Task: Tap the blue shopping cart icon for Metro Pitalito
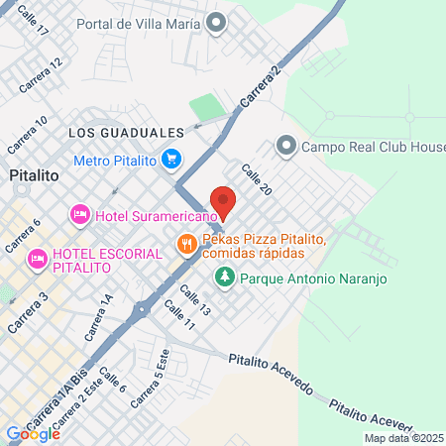(172, 158)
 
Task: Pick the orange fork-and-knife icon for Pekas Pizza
(185, 243)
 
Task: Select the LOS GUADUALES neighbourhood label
(126, 132)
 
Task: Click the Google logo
(33, 433)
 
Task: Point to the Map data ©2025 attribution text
(402, 437)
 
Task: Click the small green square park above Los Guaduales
(204, 106)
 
